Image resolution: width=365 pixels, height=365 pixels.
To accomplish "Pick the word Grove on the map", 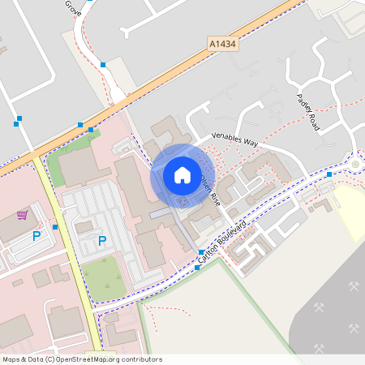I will pyautogui.click(x=74, y=9).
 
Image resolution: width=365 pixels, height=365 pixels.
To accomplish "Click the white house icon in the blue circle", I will pyautogui.click(x=182, y=175).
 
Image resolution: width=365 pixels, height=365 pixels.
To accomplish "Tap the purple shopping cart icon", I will pyautogui.click(x=22, y=216).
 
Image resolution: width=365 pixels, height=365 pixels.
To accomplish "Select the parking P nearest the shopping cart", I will pyautogui.click(x=36, y=236).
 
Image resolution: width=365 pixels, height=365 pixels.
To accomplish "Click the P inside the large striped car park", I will pyautogui.click(x=102, y=241).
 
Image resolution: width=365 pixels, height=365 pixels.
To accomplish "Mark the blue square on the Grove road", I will pyautogui.click(x=103, y=64).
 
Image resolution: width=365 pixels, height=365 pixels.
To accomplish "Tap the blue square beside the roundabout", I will pyautogui.click(x=328, y=174).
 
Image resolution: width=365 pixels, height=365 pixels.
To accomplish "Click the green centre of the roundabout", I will pyautogui.click(x=355, y=165).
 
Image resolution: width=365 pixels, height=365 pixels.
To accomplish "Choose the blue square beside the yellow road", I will pyautogui.click(x=55, y=227).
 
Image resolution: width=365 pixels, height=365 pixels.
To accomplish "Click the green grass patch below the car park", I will pyautogui.click(x=103, y=278).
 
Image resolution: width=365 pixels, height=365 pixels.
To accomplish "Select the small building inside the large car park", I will pyautogui.click(x=85, y=227).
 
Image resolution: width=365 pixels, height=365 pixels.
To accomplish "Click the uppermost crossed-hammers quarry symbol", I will pyautogui.click(x=354, y=286).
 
